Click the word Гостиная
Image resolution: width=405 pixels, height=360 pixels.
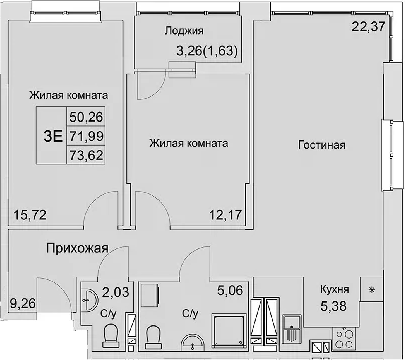point(321,145)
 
